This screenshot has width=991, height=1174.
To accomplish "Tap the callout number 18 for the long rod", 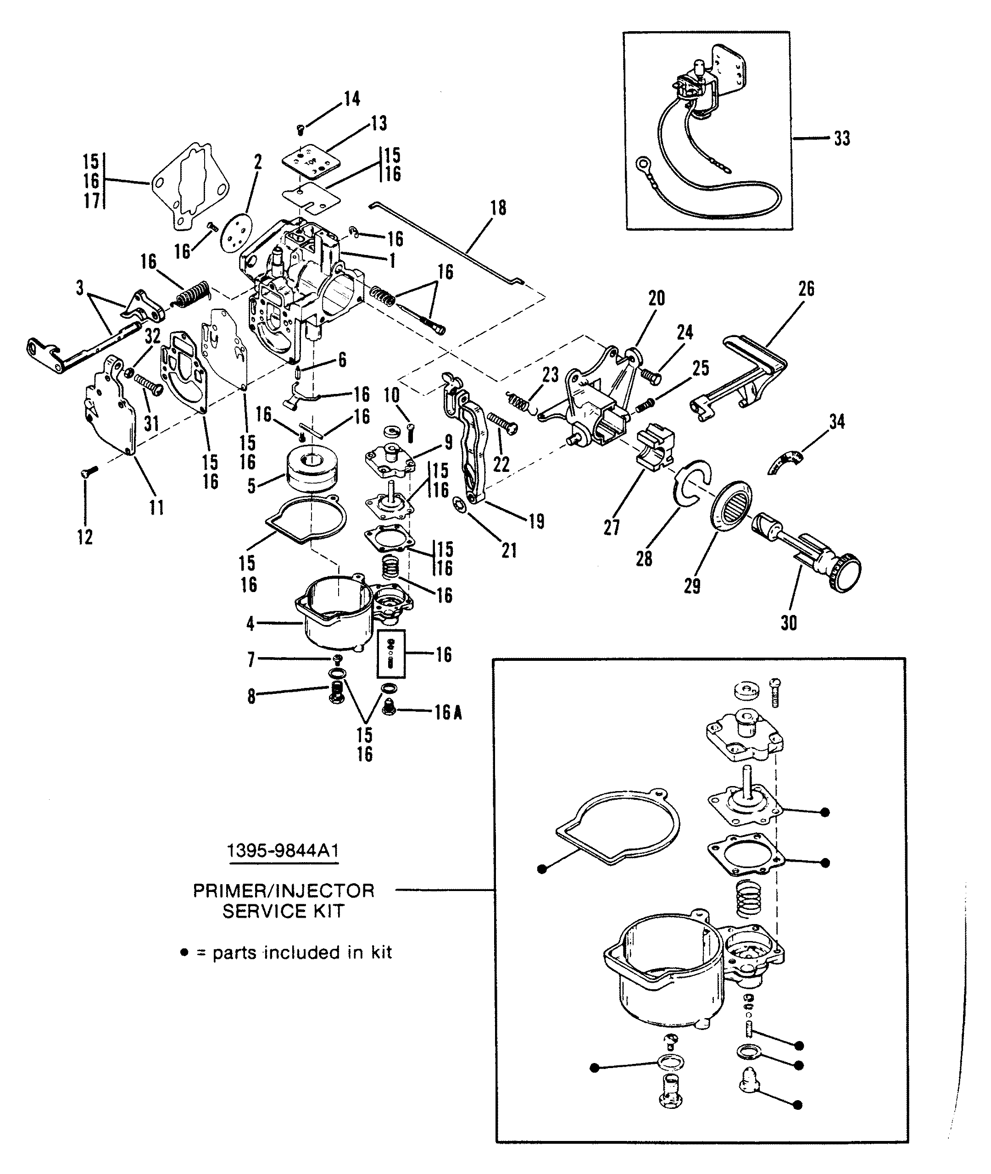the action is pos(498,208).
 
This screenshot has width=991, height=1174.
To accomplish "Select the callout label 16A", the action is pos(448,713).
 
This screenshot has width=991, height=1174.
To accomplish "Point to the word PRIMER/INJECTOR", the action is pos(284,891).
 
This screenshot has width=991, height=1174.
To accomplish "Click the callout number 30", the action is pos(789,623).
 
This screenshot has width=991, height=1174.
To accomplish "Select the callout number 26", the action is pos(806,289).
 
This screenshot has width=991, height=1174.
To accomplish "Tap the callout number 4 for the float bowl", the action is pos(251,623).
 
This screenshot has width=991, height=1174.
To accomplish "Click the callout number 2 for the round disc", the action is pos(258,163).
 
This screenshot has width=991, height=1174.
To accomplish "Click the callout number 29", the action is pos(692,586).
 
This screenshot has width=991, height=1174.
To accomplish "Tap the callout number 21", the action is pos(509,551).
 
